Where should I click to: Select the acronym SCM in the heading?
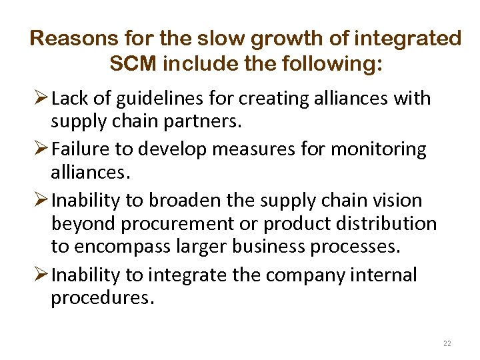pyautogui.click(x=131, y=65)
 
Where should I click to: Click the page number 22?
pyautogui.click(x=447, y=343)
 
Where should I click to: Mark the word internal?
pyautogui.click(x=385, y=274)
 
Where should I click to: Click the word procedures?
pyautogui.click(x=102, y=298)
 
